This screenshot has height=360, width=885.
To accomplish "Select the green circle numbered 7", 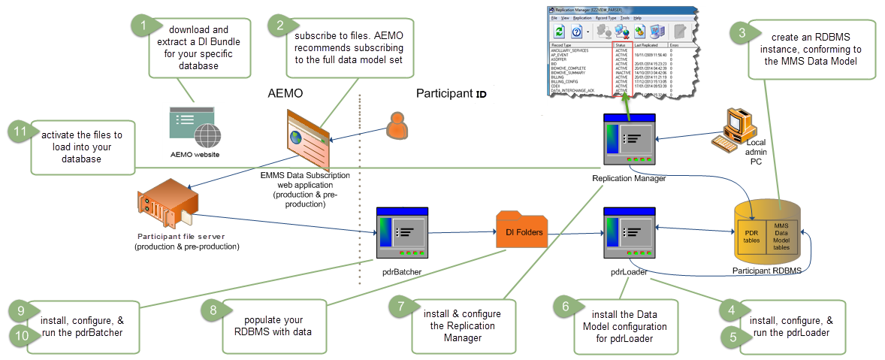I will click(402, 306).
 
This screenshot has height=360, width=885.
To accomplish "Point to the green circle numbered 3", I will click(742, 32).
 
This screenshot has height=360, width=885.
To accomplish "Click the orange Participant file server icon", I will click(168, 207).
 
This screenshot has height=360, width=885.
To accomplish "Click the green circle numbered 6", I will click(565, 306).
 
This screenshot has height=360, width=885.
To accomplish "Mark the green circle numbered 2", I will click(280, 25).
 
